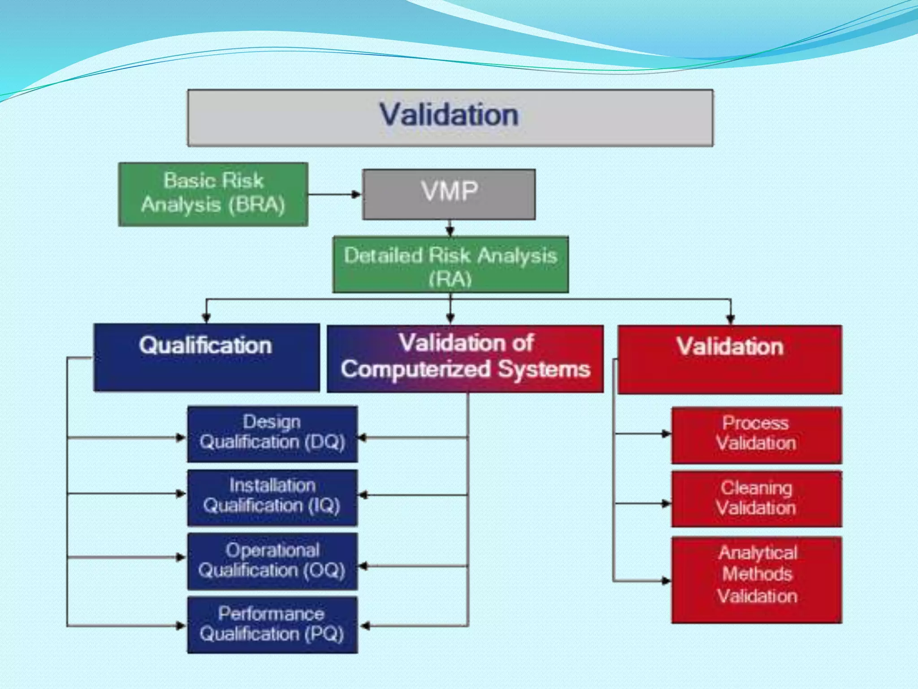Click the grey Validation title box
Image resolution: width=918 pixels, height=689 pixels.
[x=450, y=118]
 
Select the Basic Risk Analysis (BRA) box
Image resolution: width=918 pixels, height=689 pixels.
[x=213, y=194]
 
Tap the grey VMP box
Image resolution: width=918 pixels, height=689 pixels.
[x=449, y=194]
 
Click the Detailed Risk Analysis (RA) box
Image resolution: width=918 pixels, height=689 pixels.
[x=450, y=265]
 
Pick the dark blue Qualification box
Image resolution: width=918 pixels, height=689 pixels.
[x=207, y=357]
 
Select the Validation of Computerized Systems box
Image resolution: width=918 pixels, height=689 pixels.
[x=465, y=359]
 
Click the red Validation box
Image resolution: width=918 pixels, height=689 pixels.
[x=730, y=359]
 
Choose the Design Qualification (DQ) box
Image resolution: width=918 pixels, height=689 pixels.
[x=273, y=434]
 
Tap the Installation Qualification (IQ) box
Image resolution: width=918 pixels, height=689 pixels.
[x=273, y=497]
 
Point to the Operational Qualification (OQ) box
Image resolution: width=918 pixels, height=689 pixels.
[x=273, y=561]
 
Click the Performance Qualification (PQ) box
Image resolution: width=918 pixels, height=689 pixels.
[x=273, y=624]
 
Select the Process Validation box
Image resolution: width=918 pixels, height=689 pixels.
[x=756, y=435]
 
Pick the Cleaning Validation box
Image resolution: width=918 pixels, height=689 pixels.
[x=756, y=499]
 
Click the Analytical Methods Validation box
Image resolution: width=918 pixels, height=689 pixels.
[x=756, y=580]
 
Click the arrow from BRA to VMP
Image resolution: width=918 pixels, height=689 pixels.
[x=334, y=194]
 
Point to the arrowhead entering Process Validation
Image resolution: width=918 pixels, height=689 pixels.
[x=667, y=433]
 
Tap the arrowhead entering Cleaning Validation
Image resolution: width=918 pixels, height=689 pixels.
[x=667, y=503]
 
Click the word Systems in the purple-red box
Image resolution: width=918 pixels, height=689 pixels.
[x=544, y=370]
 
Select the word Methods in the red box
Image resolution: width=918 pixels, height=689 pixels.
[x=757, y=574]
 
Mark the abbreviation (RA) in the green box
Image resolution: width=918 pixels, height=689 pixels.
[x=450, y=279]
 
